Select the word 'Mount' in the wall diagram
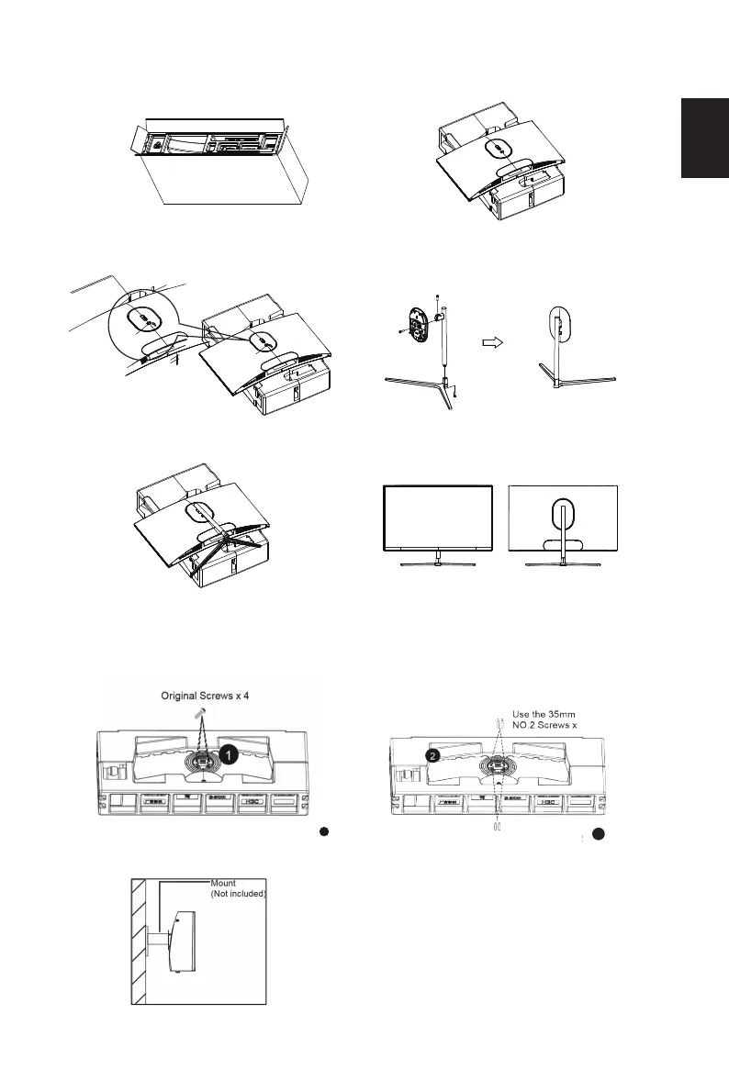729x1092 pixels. (223, 884)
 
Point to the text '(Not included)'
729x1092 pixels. (238, 893)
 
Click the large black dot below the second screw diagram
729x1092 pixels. (598, 835)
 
